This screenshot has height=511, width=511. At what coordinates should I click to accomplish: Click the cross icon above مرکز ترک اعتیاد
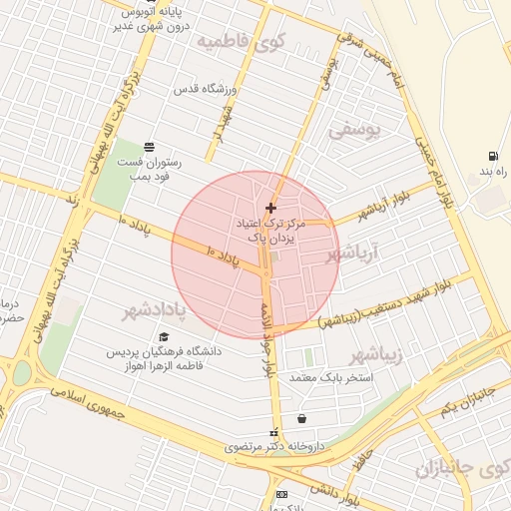[x=270, y=207]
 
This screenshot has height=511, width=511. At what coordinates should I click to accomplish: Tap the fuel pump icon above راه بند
[x=493, y=157]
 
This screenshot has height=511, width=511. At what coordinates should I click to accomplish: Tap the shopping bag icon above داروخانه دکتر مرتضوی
[x=301, y=419]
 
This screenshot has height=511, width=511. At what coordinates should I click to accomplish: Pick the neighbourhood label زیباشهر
[x=376, y=355]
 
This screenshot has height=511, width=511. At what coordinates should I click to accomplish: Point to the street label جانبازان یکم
[x=468, y=400]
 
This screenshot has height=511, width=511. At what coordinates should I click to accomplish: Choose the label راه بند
[x=494, y=173]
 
